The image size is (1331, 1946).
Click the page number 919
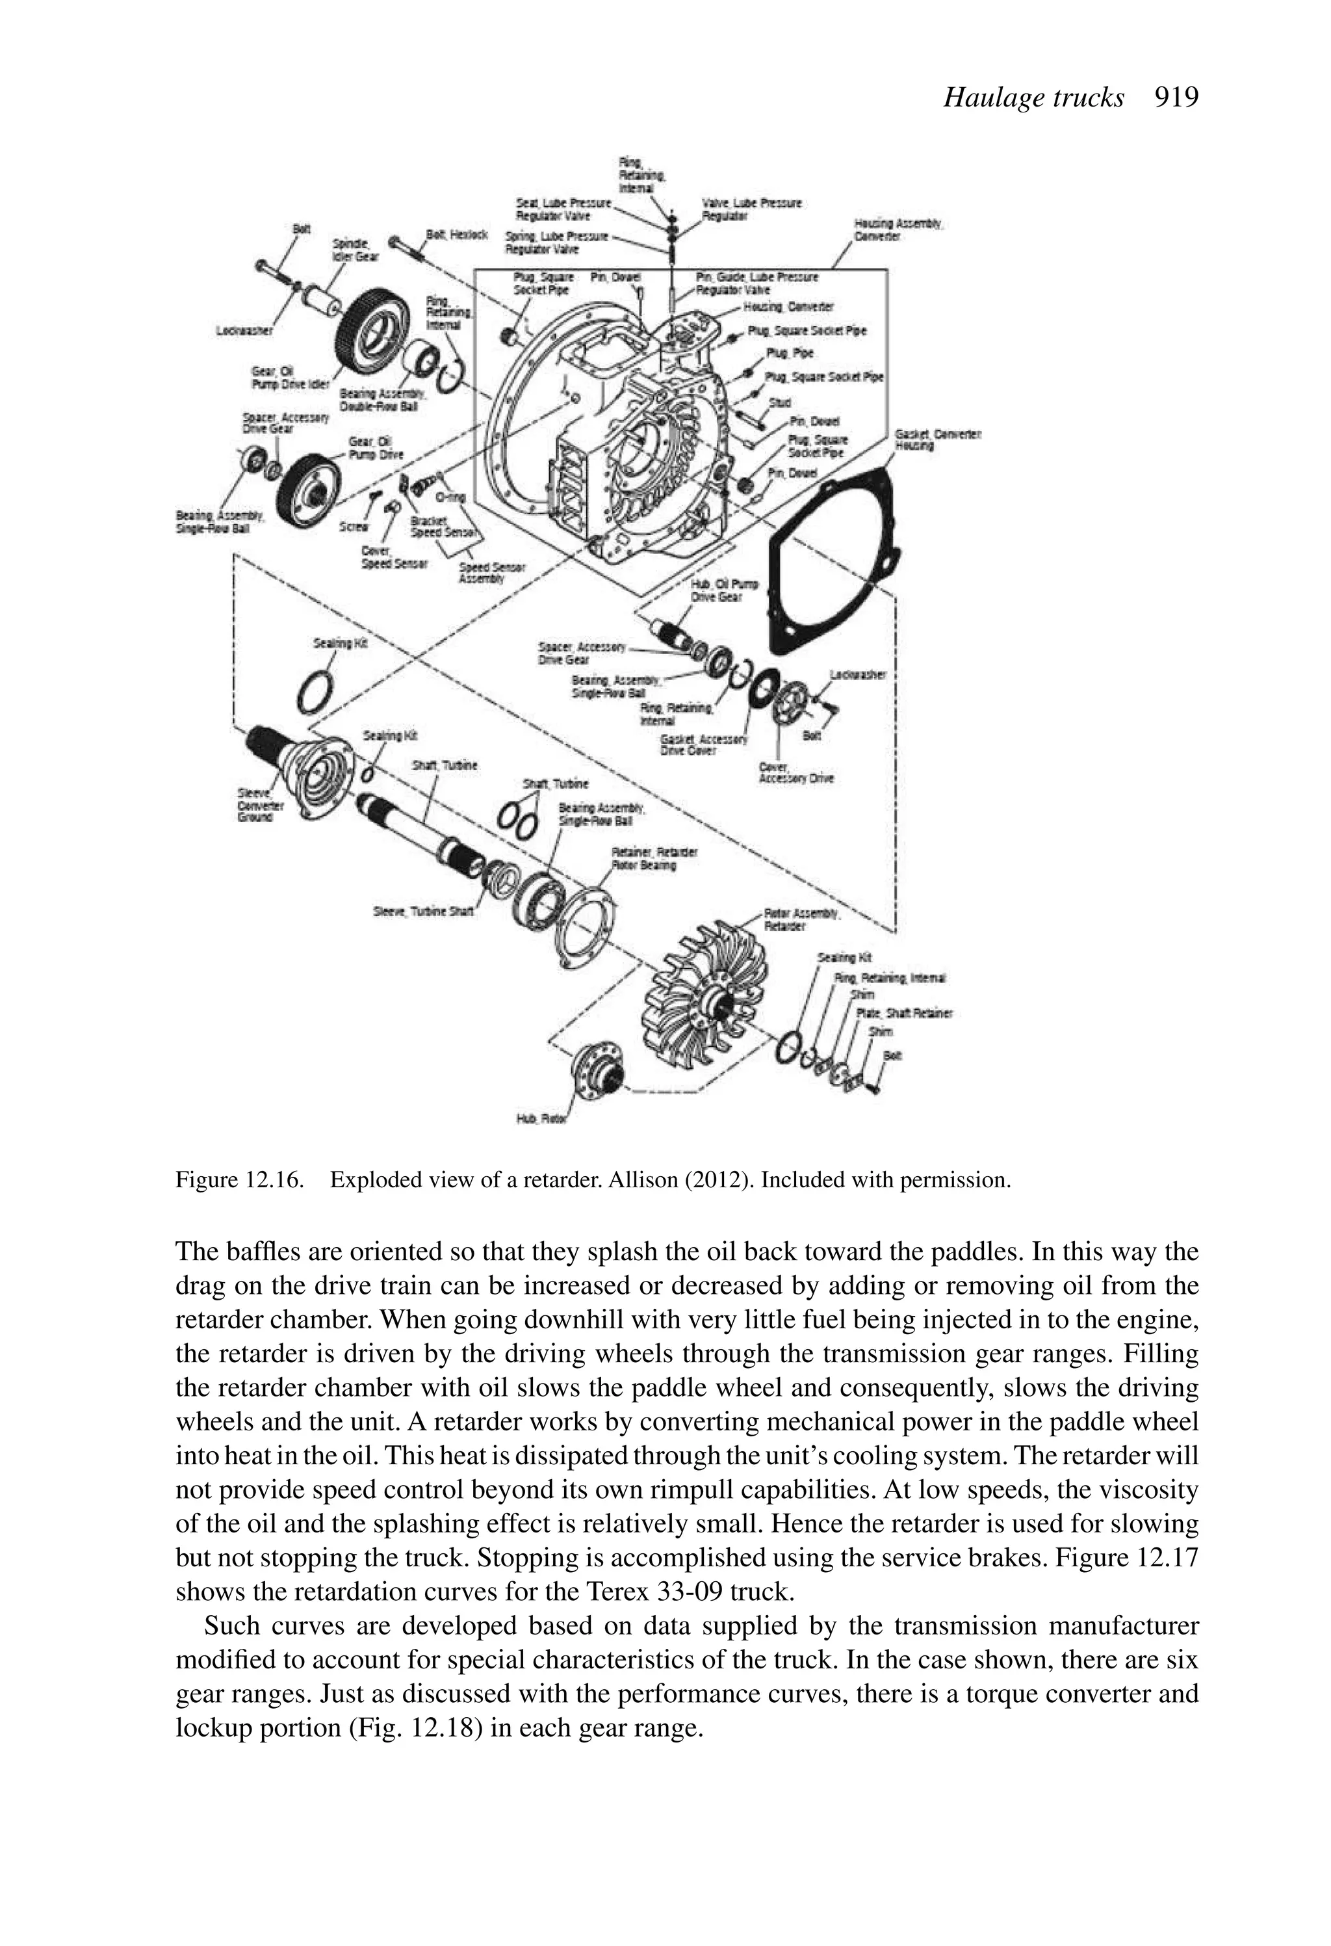click(x=1176, y=98)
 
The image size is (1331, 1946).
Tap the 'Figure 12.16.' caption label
click(x=239, y=1180)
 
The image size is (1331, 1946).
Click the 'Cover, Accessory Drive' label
click(x=795, y=772)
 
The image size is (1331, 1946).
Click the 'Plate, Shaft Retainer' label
click(x=904, y=1013)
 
